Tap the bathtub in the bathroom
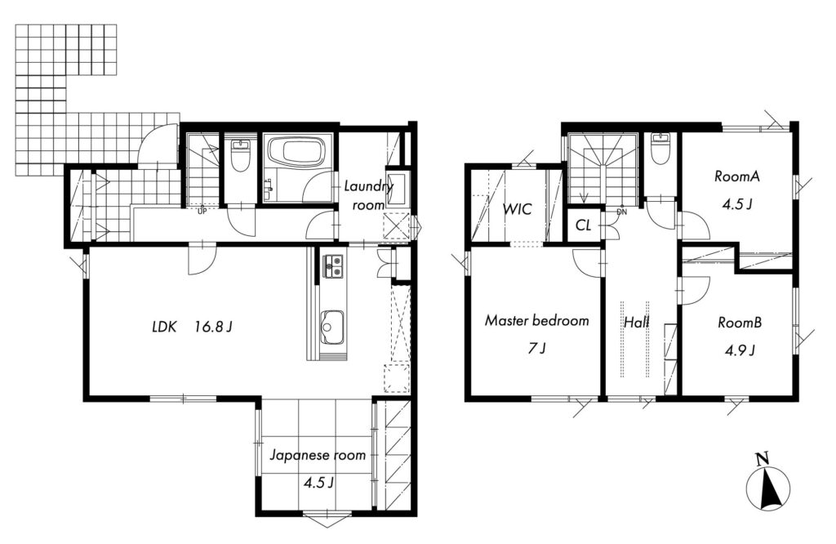(x=293, y=151)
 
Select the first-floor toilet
(x=240, y=155)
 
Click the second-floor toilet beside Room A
(x=660, y=147)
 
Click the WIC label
(x=517, y=208)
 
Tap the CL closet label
(x=583, y=225)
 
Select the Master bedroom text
(x=537, y=320)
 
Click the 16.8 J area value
(x=213, y=327)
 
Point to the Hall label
(x=637, y=323)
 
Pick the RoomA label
(x=737, y=176)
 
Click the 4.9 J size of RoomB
(x=739, y=350)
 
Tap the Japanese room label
(x=318, y=456)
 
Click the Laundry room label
(x=369, y=195)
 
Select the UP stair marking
(x=202, y=212)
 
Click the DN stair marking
(x=621, y=212)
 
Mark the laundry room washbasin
(x=395, y=190)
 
